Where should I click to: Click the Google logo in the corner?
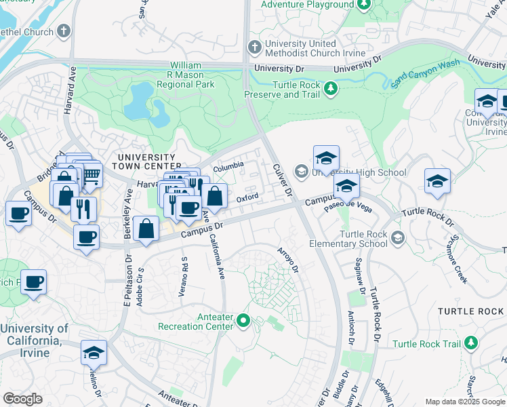(22, 399)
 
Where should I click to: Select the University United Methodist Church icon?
(254, 47)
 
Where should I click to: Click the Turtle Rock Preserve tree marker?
(331, 89)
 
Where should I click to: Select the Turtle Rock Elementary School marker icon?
(399, 237)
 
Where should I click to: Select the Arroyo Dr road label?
(288, 260)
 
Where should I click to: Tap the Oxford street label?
(248, 198)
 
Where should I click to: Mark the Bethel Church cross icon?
(64, 31)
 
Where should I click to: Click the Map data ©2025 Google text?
(464, 402)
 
